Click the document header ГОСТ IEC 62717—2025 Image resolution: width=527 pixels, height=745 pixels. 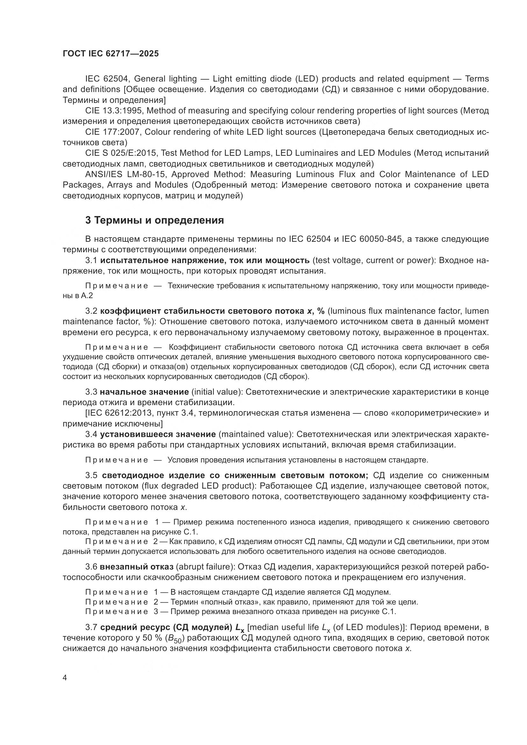pos(111,54)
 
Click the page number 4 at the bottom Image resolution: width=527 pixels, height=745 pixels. pos(65,678)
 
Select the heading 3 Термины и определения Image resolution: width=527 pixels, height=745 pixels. pos(155,220)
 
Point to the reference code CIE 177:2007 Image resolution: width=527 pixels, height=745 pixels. pos(113,132)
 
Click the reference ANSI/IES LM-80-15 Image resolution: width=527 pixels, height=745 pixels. pos(126,174)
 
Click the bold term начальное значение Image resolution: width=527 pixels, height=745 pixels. pos(144,392)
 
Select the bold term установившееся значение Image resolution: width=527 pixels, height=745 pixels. pos(158,434)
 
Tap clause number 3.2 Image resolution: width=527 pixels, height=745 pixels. pos(91,311)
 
